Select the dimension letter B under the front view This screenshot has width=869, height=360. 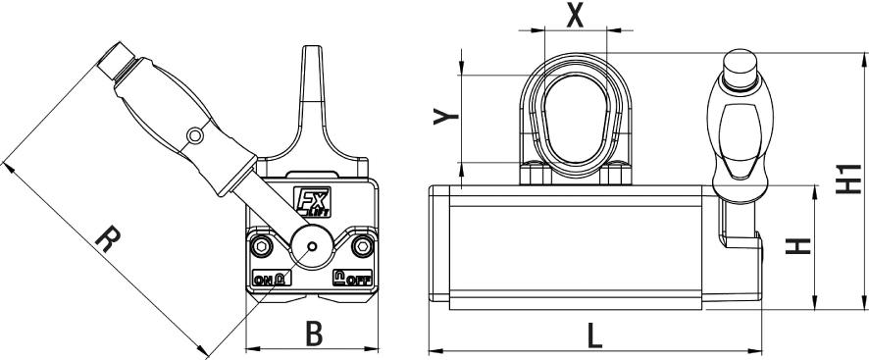(313, 334)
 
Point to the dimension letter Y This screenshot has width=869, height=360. (446, 117)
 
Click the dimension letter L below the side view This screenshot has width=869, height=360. (595, 336)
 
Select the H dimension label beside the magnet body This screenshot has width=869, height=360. (801, 245)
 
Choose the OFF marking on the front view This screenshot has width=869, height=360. (353, 279)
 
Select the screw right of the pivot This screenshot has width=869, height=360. (364, 244)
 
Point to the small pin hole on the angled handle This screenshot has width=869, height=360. (195, 134)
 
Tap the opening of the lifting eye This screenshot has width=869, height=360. (574, 119)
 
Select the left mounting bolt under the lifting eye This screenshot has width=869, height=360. (534, 174)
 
